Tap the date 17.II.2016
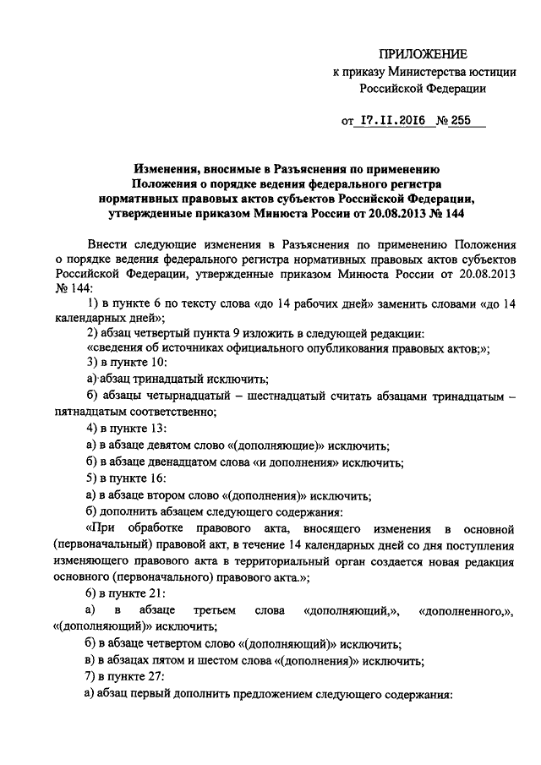394,121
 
